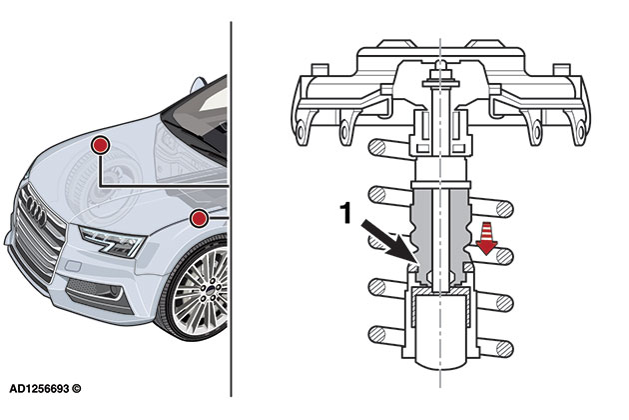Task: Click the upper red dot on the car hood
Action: coord(100,147)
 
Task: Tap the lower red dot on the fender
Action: coord(199,217)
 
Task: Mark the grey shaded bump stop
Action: coord(440,235)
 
